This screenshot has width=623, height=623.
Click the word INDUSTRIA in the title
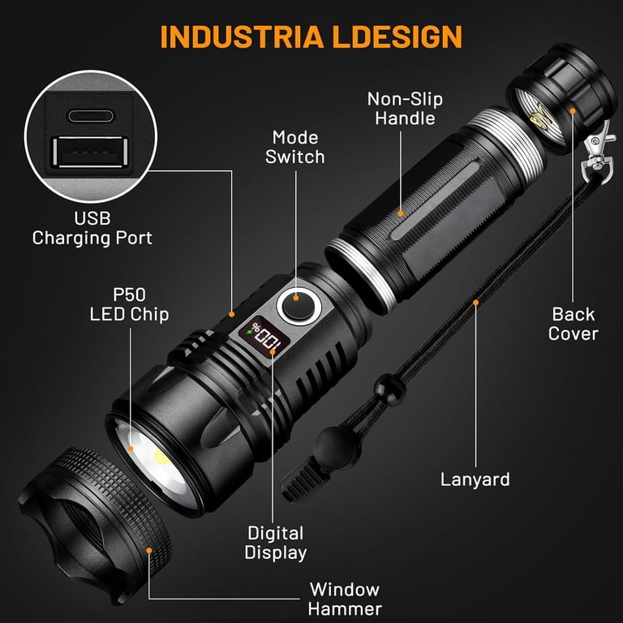click(242, 37)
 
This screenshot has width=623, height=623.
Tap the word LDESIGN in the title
click(397, 37)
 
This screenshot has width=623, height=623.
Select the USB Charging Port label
click(92, 228)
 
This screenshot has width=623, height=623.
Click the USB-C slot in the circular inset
click(91, 116)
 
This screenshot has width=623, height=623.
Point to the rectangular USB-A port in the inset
click(91, 153)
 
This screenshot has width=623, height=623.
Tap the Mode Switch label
click(294, 148)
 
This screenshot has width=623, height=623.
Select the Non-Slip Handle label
click(405, 109)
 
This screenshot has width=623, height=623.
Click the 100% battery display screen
click(264, 336)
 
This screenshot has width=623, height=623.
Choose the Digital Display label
click(275, 543)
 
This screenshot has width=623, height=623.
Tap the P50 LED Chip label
click(129, 304)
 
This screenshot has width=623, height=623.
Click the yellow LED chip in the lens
click(161, 458)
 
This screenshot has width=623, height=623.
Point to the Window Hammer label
click(345, 599)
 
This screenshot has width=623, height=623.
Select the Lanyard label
click(475, 479)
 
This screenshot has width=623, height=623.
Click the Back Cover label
click(574, 324)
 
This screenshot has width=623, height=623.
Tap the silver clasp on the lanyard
click(598, 153)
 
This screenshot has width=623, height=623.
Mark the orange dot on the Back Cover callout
click(573, 110)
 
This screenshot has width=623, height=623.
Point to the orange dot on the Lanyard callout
click(475, 303)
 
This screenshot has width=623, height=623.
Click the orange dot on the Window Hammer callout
click(149, 550)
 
